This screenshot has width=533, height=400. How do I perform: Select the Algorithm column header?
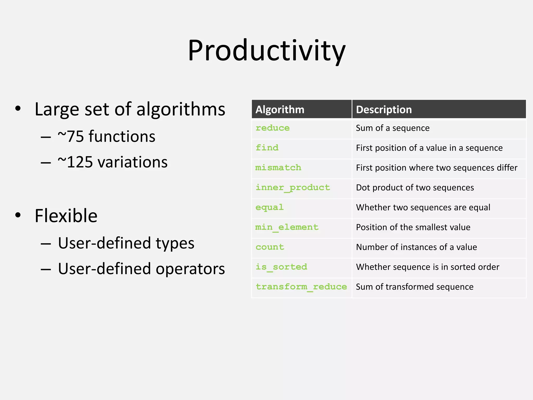pyautogui.click(x=280, y=109)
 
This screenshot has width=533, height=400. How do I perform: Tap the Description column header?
pyautogui.click(x=384, y=109)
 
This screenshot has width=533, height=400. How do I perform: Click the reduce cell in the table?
pyautogui.click(x=272, y=128)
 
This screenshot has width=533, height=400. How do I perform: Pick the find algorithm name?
pyautogui.click(x=267, y=148)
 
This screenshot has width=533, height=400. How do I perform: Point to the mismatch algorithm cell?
pyautogui.click(x=278, y=167)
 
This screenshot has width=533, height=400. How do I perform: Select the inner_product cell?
pyautogui.click(x=293, y=187)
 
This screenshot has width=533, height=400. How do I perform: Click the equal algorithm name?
pyautogui.click(x=269, y=207)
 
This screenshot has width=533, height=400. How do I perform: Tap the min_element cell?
pyautogui.click(x=287, y=227)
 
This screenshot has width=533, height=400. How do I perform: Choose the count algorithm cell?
pyautogui.click(x=270, y=247)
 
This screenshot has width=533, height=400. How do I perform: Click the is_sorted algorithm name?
pyautogui.click(x=281, y=267)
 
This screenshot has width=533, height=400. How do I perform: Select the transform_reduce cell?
pyautogui.click(x=301, y=287)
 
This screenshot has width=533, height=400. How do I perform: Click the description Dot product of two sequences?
pyautogui.click(x=415, y=187)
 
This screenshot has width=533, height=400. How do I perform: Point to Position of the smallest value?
pyautogui.click(x=413, y=227)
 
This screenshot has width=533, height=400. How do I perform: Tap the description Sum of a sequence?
pyautogui.click(x=392, y=128)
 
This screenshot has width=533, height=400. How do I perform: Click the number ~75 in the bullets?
pyautogui.click(x=71, y=136)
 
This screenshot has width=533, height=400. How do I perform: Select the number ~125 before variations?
pyautogui.click(x=75, y=162)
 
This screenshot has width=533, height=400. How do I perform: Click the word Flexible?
pyautogui.click(x=66, y=216)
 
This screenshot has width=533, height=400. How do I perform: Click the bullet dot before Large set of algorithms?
pyautogui.click(x=18, y=108)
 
